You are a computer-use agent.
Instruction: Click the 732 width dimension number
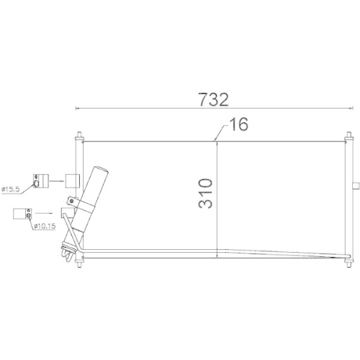tap(215, 99)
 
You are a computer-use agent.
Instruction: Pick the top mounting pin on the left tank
tap(78, 134)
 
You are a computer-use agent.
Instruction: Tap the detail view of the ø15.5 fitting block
tap(40, 179)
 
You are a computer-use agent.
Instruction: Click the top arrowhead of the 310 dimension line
tap(217, 142)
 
